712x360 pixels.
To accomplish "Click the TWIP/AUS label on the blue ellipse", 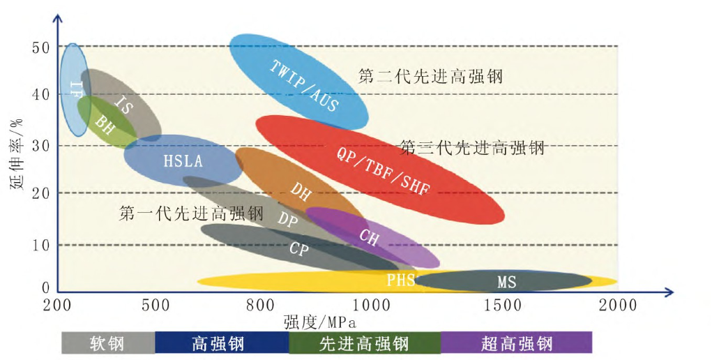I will coord(304,86).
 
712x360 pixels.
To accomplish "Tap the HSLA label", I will coord(183,161).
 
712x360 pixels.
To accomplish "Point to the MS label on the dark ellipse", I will coord(506,283).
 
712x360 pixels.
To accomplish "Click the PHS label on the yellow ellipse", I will coord(401,280).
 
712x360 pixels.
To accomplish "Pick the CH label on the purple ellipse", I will coord(369,237).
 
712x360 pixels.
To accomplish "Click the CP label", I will coord(298,249).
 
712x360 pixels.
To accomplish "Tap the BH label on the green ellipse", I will coord(105,126).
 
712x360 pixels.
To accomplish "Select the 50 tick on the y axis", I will coord(40,47).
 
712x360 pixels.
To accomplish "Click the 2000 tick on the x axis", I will coord(617,306).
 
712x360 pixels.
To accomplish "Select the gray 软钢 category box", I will coord(107,343).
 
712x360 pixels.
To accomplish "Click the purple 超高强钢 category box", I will coord(516,343).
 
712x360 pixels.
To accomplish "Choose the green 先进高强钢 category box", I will coord(364,343).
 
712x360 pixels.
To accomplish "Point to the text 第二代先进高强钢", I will coord(430,76).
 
